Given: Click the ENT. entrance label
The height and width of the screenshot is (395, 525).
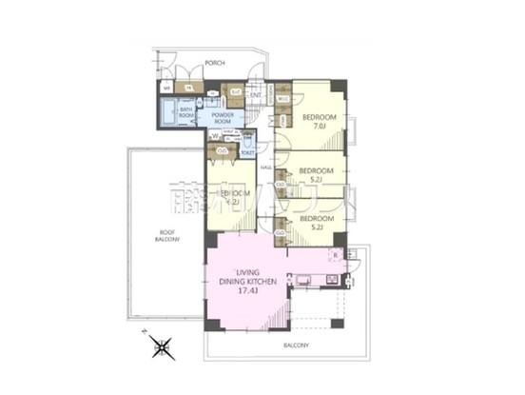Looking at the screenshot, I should click(x=256, y=94).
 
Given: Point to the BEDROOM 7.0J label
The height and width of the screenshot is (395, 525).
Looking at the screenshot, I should click(x=317, y=121).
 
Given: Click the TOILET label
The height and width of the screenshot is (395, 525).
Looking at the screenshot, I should click(x=247, y=152).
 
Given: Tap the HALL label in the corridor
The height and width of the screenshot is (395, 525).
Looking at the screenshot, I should click(x=268, y=168).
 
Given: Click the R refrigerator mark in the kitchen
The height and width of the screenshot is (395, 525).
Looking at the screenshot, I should click(x=335, y=254).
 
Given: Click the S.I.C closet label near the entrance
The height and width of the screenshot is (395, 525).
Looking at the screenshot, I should click(x=234, y=91).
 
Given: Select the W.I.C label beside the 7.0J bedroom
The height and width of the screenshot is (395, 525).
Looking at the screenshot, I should click(x=283, y=97).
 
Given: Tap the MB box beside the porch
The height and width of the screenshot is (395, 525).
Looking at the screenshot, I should click(x=166, y=89).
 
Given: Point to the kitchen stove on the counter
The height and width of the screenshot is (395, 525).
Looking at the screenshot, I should click(x=332, y=279).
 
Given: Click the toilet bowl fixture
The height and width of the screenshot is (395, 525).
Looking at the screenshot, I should click(x=247, y=143).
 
